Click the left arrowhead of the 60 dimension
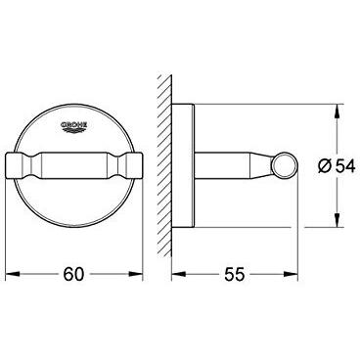coord(13,277)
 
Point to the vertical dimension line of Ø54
coord(337,196)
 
